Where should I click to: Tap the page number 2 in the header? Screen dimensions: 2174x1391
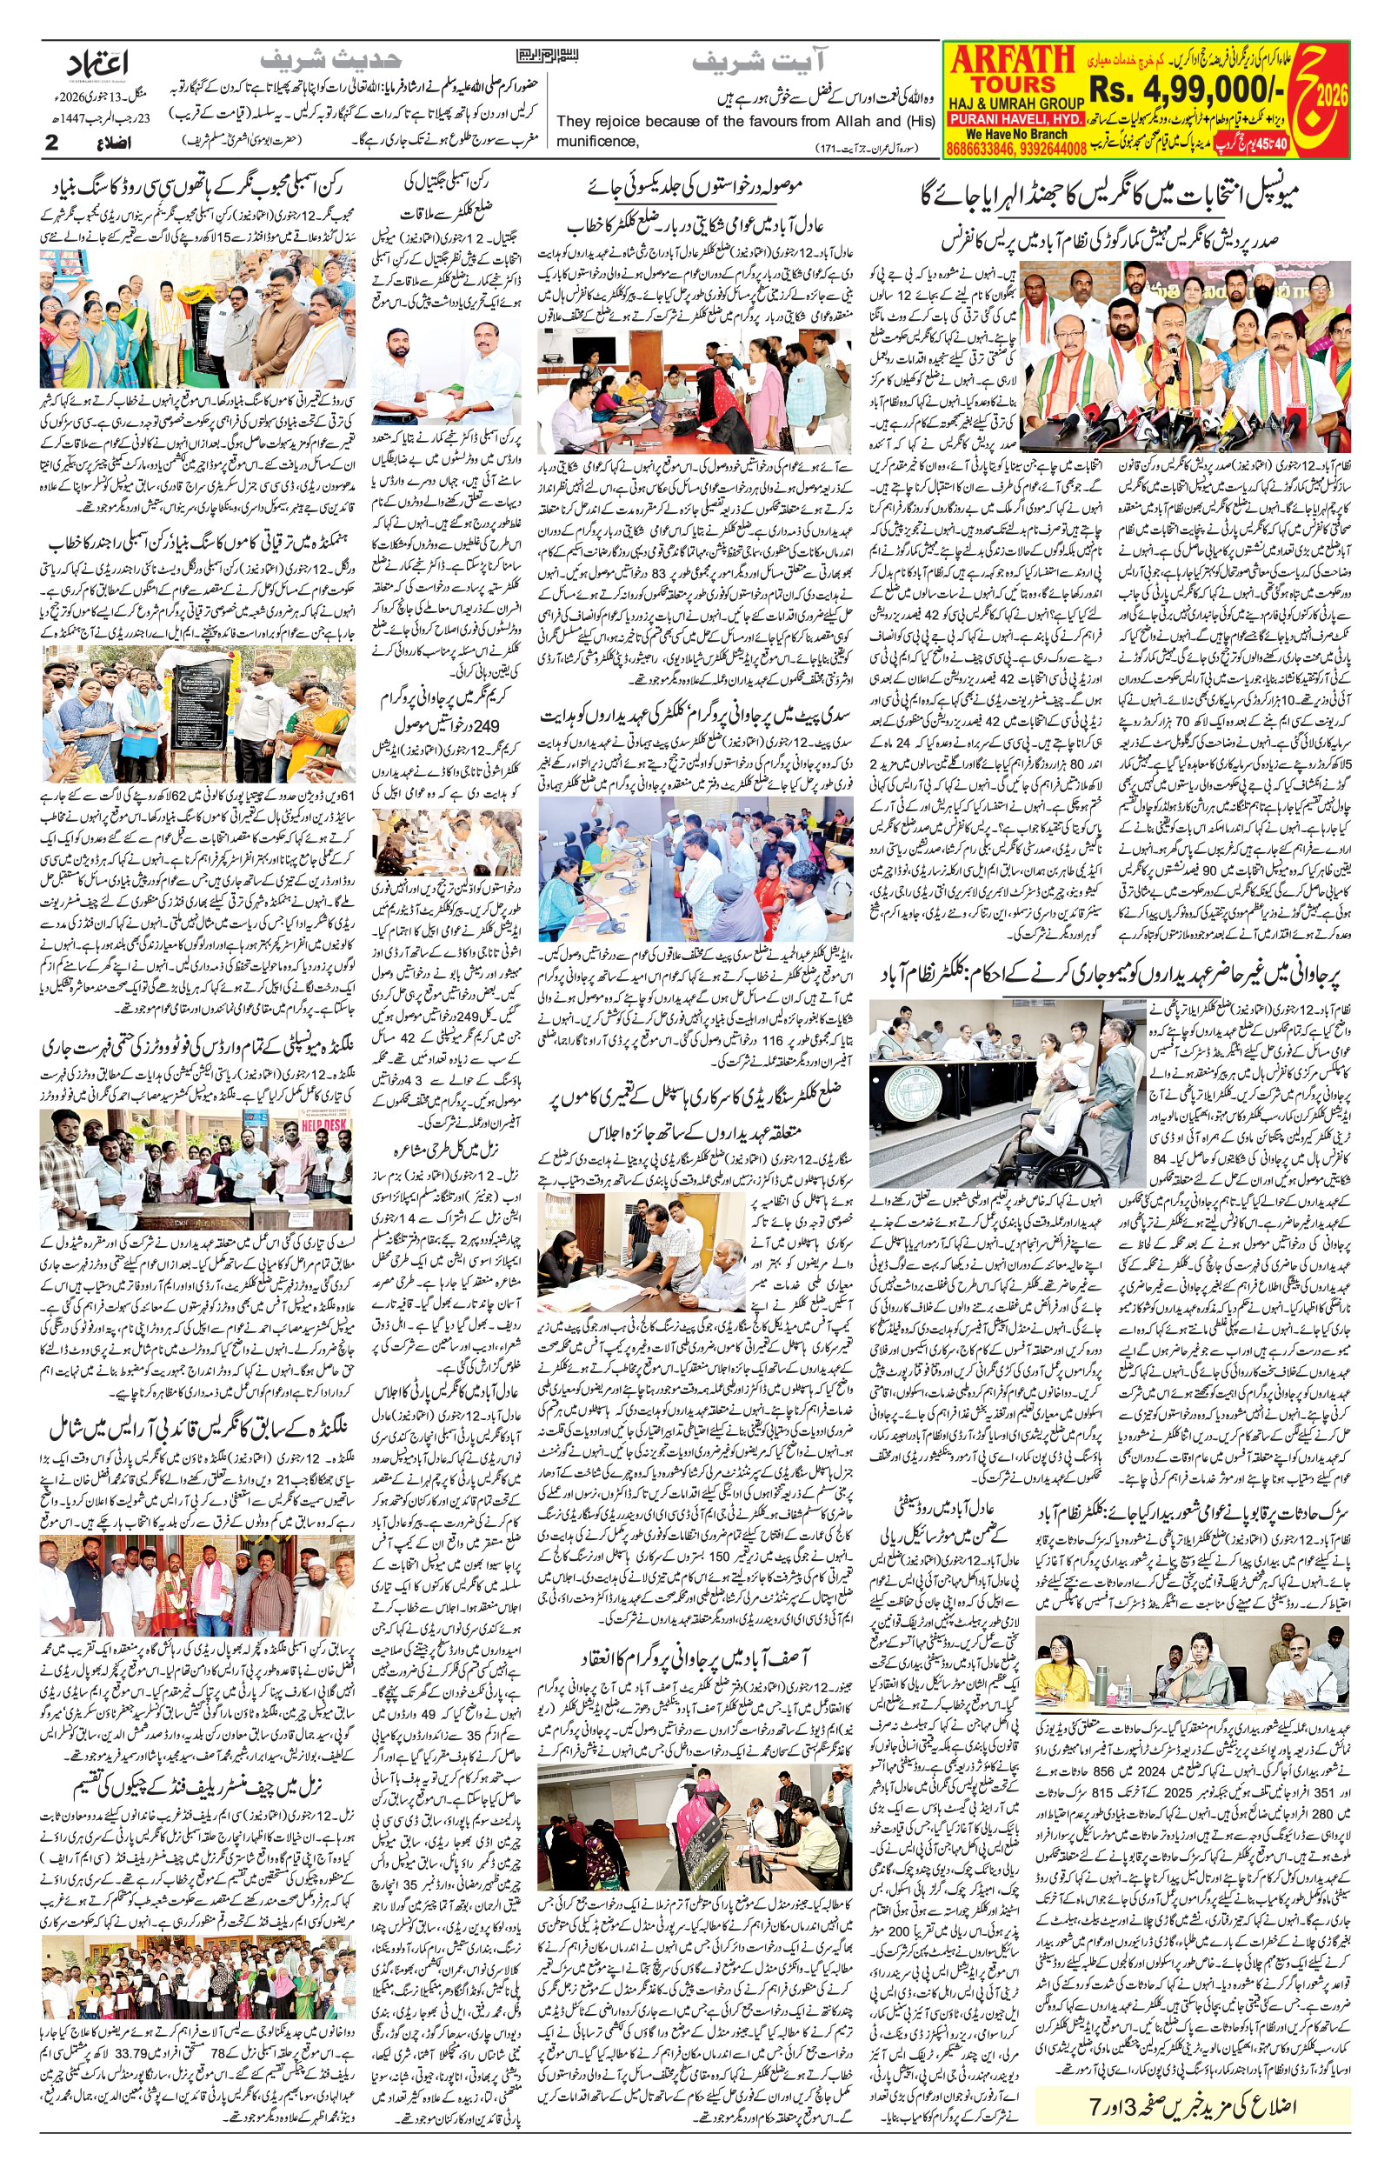(x=51, y=143)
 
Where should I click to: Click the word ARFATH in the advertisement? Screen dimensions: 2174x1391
(x=1009, y=61)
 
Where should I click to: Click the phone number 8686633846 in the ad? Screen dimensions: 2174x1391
(x=980, y=149)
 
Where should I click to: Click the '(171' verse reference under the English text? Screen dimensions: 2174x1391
(x=838, y=147)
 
